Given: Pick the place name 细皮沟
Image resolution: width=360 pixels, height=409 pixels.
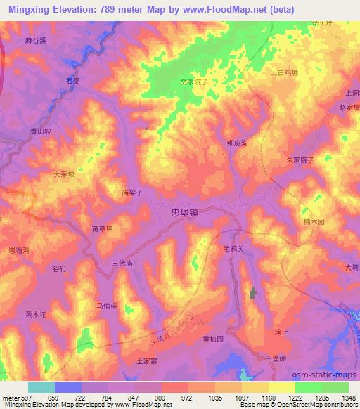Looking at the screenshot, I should click(238, 142).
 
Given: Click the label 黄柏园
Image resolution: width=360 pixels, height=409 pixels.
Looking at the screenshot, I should click(213, 339).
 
